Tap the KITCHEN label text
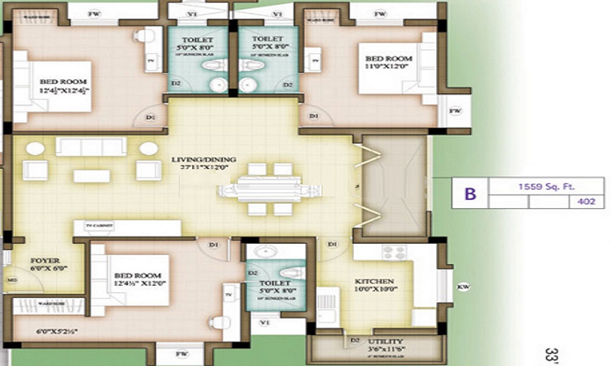pyautogui.click(x=375, y=281)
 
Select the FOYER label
pyautogui.click(x=45, y=260)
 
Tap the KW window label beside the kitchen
pyautogui.click(x=464, y=285)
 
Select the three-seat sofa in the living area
pyautogui.click(x=91, y=146)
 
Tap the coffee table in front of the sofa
pyautogui.click(x=91, y=176)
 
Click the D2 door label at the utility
pyautogui.click(x=354, y=340)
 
